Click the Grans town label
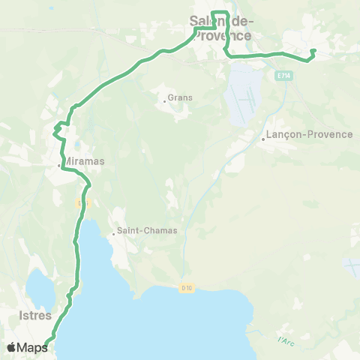click(181, 97)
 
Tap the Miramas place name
click(83, 161)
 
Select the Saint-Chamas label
click(148, 230)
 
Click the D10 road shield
click(187, 287)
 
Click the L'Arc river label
click(284, 341)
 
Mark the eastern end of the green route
click(313, 51)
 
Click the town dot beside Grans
click(164, 101)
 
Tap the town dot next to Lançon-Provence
click(263, 139)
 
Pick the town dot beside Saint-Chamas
click(113, 234)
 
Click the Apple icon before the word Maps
click(11, 347)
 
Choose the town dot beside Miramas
click(60, 165)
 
